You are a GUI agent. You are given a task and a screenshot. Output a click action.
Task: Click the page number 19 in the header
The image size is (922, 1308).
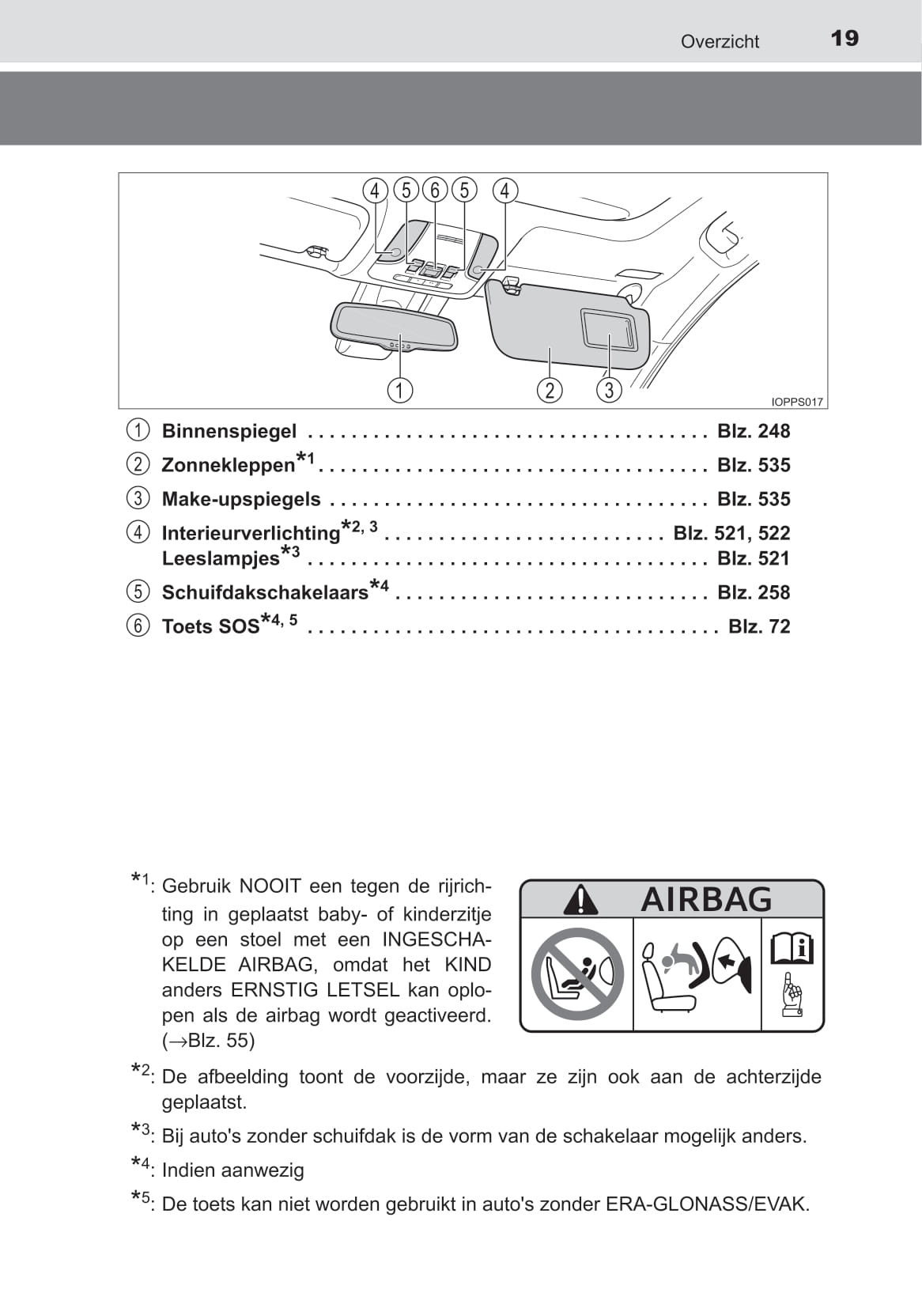coord(845,39)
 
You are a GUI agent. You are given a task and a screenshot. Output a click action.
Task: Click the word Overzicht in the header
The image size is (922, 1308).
coord(720,42)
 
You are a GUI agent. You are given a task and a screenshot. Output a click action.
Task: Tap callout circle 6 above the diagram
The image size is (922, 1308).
coord(434,191)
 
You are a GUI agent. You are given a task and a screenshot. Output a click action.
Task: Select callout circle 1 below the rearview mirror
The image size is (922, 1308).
coord(400,390)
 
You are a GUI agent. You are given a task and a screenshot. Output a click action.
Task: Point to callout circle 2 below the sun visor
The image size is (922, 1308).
coord(550,390)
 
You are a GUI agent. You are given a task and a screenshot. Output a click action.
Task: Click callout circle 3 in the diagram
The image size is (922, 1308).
coord(608,390)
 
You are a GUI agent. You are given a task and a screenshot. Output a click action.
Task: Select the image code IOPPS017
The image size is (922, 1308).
coord(797,402)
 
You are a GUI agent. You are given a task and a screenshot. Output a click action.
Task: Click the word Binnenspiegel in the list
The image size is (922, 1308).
coord(229,431)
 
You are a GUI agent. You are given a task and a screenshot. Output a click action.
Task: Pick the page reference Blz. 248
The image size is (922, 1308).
coord(754,431)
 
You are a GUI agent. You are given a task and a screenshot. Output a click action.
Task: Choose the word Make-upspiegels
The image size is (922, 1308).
coord(241,499)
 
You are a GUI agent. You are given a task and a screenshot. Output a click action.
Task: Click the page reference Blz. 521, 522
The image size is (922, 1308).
coord(731,533)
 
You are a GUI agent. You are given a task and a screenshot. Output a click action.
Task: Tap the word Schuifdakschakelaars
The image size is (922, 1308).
coord(265,592)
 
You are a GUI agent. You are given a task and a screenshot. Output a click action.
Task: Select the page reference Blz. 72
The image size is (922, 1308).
coord(759,626)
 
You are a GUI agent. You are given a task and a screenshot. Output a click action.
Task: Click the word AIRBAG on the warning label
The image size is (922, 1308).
coord(706,899)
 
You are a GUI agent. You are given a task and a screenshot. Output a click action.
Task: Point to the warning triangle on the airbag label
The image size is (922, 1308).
coord(581,900)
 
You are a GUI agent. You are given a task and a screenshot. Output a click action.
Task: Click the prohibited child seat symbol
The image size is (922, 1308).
coord(577,974)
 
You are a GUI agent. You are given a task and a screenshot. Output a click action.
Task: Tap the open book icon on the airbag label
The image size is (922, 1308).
coord(792,947)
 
